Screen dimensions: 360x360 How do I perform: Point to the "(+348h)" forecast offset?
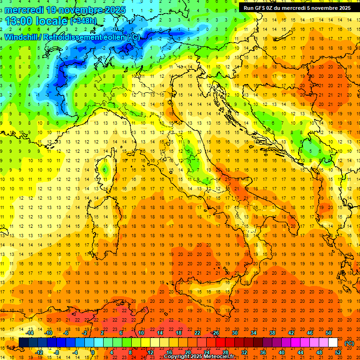coord(84,21)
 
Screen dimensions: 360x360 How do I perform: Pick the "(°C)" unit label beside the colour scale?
coord(349,343)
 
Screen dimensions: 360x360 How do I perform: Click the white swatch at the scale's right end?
coord(333,343)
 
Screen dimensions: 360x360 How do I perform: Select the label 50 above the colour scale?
coord(329,333)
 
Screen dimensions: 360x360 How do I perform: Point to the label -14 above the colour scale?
coord(30,333)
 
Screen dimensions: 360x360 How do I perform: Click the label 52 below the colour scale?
coord(338,352)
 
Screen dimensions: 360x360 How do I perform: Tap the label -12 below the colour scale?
coord(39,352)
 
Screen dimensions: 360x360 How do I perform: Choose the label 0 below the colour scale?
coord(92,352)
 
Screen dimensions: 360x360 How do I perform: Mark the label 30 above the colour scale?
coord(234,333)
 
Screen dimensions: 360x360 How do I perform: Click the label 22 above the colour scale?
coord(197,333)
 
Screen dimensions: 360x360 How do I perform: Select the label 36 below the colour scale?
coord(263,352)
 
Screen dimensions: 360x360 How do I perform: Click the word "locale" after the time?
coord(52,21)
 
